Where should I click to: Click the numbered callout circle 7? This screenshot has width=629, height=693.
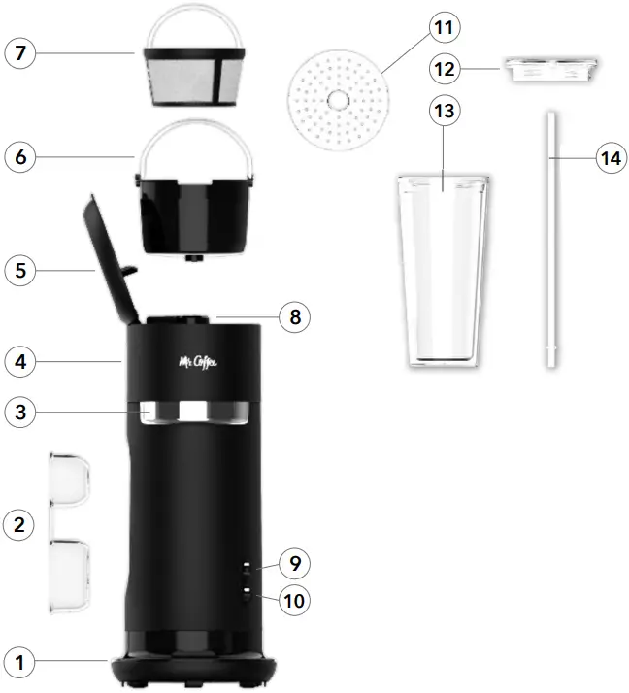21,53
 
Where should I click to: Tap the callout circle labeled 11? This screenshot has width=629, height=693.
444,27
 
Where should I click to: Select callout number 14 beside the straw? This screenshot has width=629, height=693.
609,158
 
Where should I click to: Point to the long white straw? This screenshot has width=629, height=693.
552,238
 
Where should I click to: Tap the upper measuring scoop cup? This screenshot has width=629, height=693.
70,478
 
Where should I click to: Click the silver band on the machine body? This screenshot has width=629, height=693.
194,412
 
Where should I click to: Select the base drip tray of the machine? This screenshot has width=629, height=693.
194,670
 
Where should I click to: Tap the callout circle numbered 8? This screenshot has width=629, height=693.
294,315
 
